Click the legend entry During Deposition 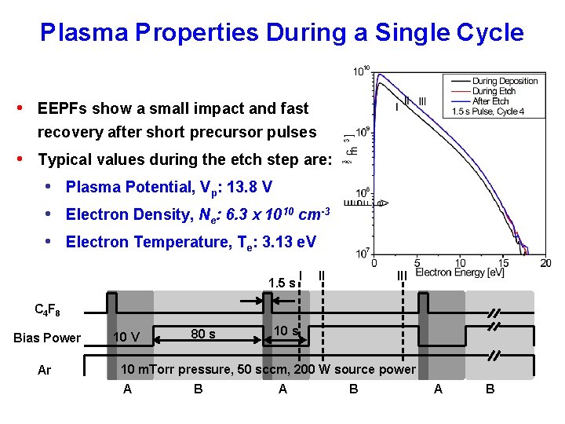[x=505, y=81]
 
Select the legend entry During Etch [x=495, y=91]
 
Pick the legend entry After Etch [x=490, y=101]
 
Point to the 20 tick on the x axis [x=545, y=263]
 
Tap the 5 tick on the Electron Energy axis [x=417, y=263]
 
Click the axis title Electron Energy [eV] [x=461, y=273]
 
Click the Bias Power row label [x=47, y=338]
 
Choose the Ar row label [x=44, y=369]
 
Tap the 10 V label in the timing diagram [x=126, y=338]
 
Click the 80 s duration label [x=203, y=334]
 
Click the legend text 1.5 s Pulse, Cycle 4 [x=488, y=111]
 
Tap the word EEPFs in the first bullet [x=64, y=108]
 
